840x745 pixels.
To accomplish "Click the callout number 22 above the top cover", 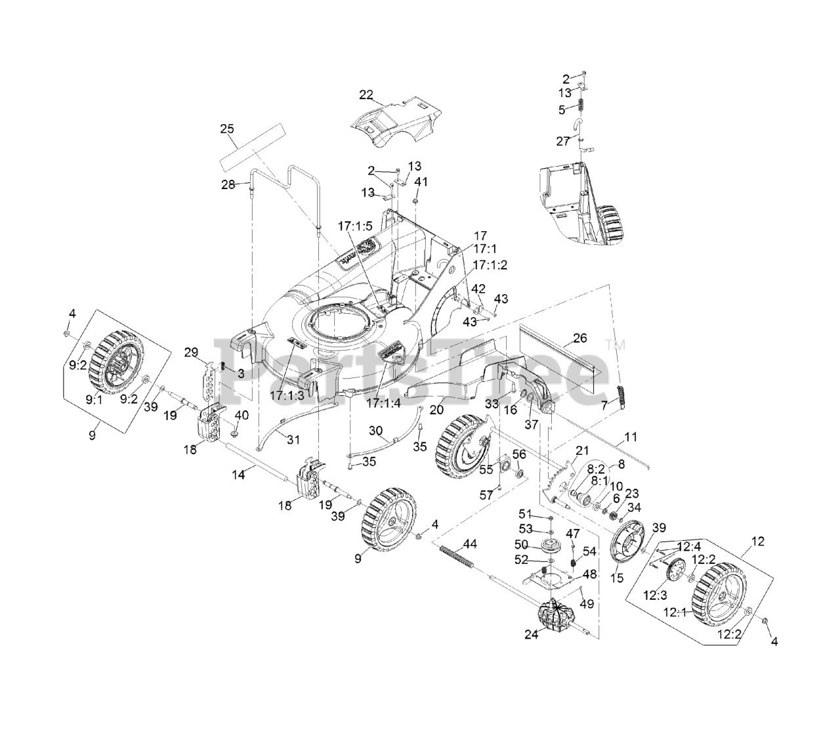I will coord(366,95).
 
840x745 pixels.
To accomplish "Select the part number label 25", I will coord(227,129).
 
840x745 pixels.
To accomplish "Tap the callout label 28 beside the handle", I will coord(228,184).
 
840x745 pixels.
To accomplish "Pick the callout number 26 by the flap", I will coord(579,338).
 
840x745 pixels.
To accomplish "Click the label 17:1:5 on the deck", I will coord(356,225).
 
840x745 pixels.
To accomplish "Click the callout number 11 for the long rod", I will coord(631,436).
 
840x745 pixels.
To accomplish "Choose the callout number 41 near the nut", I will coord(421,182).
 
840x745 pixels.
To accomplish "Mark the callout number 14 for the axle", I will coord(239,474).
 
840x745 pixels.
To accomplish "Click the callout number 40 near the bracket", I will coord(241,415).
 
